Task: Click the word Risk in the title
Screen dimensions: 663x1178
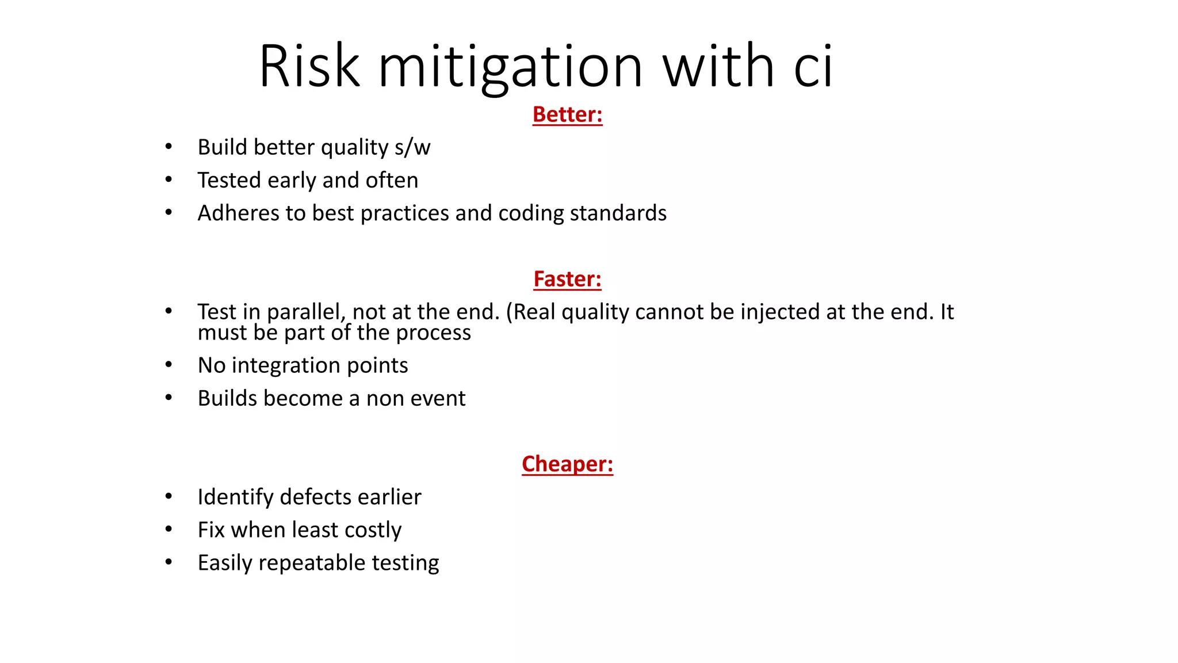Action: [x=309, y=66]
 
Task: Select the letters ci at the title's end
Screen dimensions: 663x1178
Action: [x=813, y=66]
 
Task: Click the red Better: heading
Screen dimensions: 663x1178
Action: [x=567, y=114]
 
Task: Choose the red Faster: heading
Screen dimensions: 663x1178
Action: [x=567, y=279]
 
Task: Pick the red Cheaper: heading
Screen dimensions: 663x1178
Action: [x=567, y=464]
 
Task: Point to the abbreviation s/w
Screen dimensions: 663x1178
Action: [x=412, y=147]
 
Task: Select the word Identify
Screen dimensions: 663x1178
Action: [x=235, y=497]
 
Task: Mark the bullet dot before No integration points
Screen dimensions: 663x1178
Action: [x=169, y=365]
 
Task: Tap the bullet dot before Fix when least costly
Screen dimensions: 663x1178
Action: [x=169, y=529]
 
